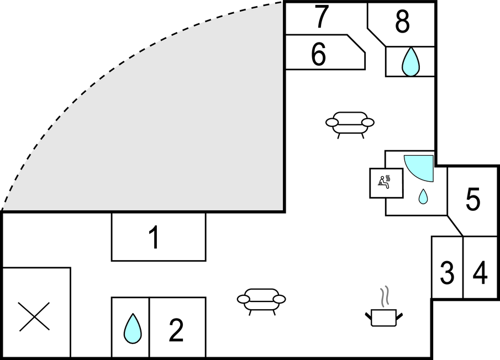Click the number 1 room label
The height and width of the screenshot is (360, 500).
155,239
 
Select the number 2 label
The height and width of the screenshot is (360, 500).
176,331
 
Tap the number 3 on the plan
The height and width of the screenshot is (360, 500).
447,272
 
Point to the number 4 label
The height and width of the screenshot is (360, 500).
481,273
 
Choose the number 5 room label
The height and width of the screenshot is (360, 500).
473,200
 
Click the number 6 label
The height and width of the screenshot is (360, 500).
319,55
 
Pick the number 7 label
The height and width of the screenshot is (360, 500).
322,17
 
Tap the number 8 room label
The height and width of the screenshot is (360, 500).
402,22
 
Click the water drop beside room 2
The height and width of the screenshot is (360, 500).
133,329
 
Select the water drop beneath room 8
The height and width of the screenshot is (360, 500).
410,62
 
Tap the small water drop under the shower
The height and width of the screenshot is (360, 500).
423,196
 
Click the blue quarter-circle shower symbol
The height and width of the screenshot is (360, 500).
422,166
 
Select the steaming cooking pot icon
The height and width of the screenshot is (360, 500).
384,317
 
